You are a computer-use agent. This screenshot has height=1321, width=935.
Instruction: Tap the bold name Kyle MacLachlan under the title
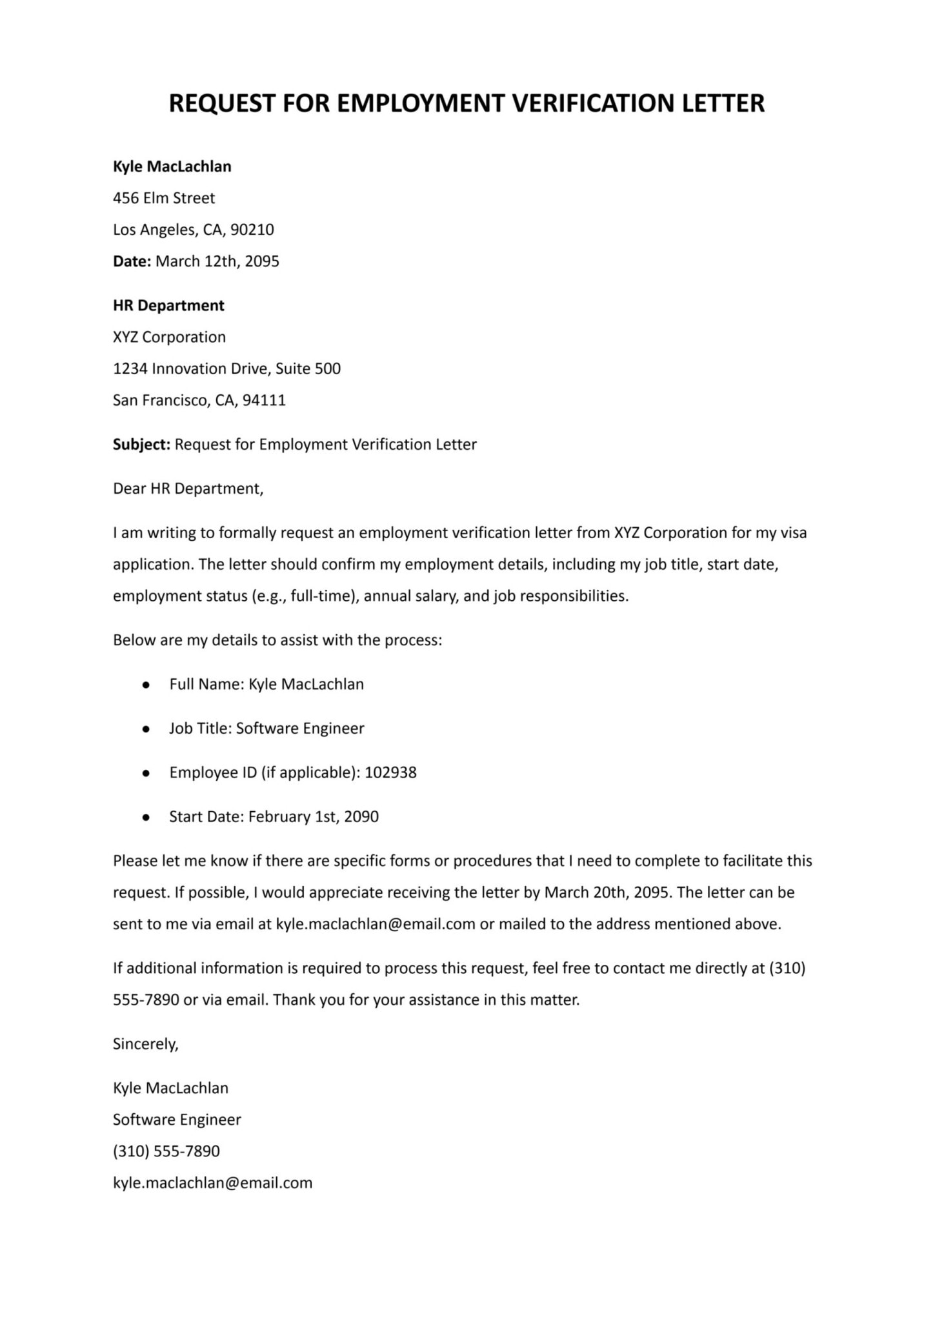coord(172,166)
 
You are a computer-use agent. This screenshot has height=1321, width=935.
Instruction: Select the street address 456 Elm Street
coord(164,198)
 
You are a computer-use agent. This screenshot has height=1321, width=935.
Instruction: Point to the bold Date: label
coord(132,261)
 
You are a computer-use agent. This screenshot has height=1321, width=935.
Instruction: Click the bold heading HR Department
coord(168,305)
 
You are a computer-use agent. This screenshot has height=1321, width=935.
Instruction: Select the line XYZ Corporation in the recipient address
coord(169,337)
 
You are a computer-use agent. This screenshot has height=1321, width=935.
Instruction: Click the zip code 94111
coord(264,400)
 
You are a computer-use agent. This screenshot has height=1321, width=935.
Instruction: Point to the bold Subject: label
coord(141,445)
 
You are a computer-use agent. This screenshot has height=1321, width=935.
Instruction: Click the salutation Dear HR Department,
coord(188,489)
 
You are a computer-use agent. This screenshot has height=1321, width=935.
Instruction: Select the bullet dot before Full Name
coord(146,685)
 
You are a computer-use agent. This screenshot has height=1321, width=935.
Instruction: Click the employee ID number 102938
coord(390,772)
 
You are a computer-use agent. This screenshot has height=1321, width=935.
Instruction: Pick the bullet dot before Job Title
coord(146,729)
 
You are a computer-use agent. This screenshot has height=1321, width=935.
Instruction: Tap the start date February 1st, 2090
coord(313,817)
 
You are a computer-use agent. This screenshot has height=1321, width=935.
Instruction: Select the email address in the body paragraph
coord(376,924)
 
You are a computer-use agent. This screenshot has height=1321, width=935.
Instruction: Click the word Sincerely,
coord(146,1044)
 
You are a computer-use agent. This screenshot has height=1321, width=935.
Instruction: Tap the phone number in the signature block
coord(166,1151)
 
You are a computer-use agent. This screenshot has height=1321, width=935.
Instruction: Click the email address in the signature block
coord(212,1183)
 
